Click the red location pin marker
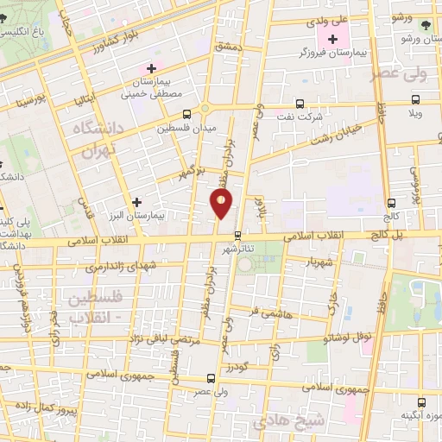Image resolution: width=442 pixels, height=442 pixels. coord(222,205)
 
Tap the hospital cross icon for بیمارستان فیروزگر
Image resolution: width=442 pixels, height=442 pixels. coord(331,39)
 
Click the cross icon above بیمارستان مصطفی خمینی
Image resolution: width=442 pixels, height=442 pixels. coord(152,67)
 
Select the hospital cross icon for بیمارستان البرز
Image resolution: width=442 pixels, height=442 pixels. coord(136,201)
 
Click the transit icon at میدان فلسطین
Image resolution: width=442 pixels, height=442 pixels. coord(186,114)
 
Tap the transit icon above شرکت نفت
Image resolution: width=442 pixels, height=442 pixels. coord(299,101)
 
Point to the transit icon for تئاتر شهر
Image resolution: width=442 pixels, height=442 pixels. coord(239,233)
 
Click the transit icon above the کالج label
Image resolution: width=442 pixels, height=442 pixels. coord(392,203)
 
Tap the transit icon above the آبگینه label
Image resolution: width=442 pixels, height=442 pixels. coord(422,401)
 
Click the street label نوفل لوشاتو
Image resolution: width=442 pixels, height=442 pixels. coord(350,339)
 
